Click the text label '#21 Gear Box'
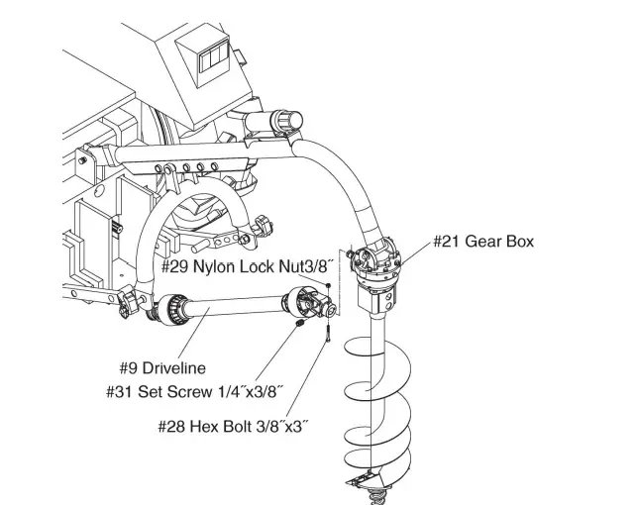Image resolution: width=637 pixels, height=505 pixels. tap(482, 242)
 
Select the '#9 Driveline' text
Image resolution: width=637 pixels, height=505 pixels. tap(159, 367)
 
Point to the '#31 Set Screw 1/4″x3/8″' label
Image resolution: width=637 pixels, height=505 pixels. tap(195, 392)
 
